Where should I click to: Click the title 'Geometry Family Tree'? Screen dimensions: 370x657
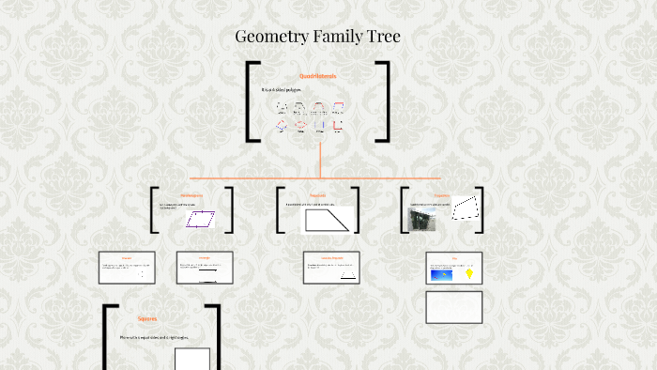point(318,38)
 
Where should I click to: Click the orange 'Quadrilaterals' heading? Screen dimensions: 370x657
point(317,76)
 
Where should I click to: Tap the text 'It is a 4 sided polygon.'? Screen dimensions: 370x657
point(282,90)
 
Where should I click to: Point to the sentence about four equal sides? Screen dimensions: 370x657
point(154,337)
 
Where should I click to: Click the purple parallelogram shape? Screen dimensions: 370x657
point(199,219)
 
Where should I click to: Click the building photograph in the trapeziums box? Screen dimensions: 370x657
point(422,220)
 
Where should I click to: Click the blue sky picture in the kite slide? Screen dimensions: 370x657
point(440,273)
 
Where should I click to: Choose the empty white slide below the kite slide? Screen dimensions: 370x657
point(454,307)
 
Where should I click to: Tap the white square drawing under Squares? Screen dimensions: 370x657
point(192,360)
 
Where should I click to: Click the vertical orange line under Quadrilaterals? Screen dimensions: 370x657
point(320,159)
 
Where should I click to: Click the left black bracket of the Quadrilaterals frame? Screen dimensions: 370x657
point(251,101)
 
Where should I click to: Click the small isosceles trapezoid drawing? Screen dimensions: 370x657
point(347,274)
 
